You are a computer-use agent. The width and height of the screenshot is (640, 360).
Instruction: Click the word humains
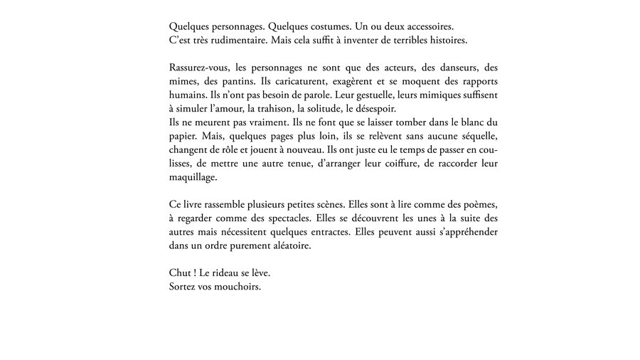[x=189, y=95]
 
